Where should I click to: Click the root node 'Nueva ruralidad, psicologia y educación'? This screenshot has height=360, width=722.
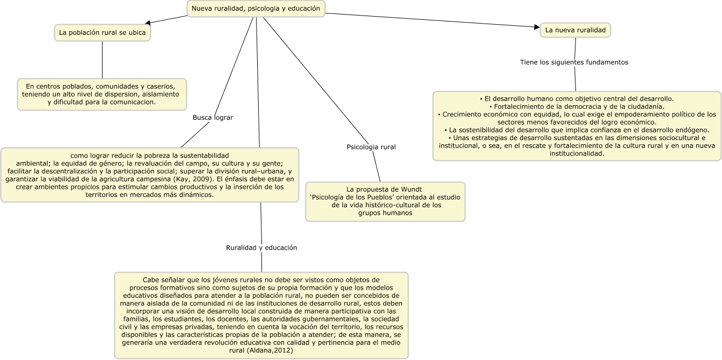[x=256, y=8]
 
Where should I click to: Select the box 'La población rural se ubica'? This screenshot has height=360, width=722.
[x=102, y=32]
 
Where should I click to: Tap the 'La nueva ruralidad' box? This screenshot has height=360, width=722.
[x=575, y=31]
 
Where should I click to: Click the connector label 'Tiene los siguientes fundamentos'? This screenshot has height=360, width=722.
[x=574, y=62]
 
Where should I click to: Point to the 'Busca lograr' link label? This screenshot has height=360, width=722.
[x=213, y=117]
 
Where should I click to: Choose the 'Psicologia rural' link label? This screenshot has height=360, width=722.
[x=371, y=146]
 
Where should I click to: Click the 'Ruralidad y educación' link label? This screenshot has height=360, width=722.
[x=261, y=248]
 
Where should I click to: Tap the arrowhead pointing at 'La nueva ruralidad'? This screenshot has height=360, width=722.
[x=536, y=27]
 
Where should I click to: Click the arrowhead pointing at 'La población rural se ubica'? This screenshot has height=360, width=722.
[x=148, y=23]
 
